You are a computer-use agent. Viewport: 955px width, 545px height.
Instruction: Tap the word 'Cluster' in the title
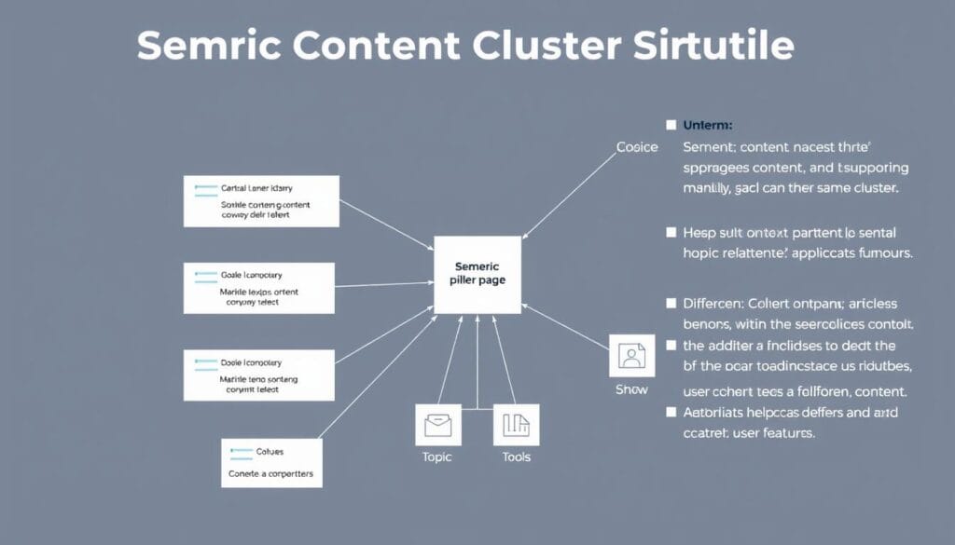(557, 46)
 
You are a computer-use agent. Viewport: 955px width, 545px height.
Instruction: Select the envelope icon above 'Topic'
(437, 426)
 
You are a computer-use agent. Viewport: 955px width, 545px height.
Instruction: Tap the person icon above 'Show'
(631, 356)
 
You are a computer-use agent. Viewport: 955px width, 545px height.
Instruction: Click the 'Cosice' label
(637, 147)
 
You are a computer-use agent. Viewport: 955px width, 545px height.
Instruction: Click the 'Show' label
(631, 388)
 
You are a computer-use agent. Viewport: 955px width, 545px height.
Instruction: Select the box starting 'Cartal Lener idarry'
(260, 200)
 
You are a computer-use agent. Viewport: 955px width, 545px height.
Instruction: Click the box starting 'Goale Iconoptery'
(258, 289)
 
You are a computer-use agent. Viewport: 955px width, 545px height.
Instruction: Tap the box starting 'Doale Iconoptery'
(258, 375)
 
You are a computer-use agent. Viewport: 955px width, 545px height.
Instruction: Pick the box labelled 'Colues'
(271, 463)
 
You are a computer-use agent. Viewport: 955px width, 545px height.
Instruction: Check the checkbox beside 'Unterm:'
(671, 124)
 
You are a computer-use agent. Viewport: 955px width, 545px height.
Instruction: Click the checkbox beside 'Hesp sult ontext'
(671, 232)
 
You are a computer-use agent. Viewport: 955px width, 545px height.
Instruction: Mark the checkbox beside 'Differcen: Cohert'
(671, 303)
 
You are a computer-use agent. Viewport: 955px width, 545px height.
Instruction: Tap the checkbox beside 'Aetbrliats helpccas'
(671, 411)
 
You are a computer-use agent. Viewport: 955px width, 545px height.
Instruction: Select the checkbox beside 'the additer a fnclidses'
(671, 345)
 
